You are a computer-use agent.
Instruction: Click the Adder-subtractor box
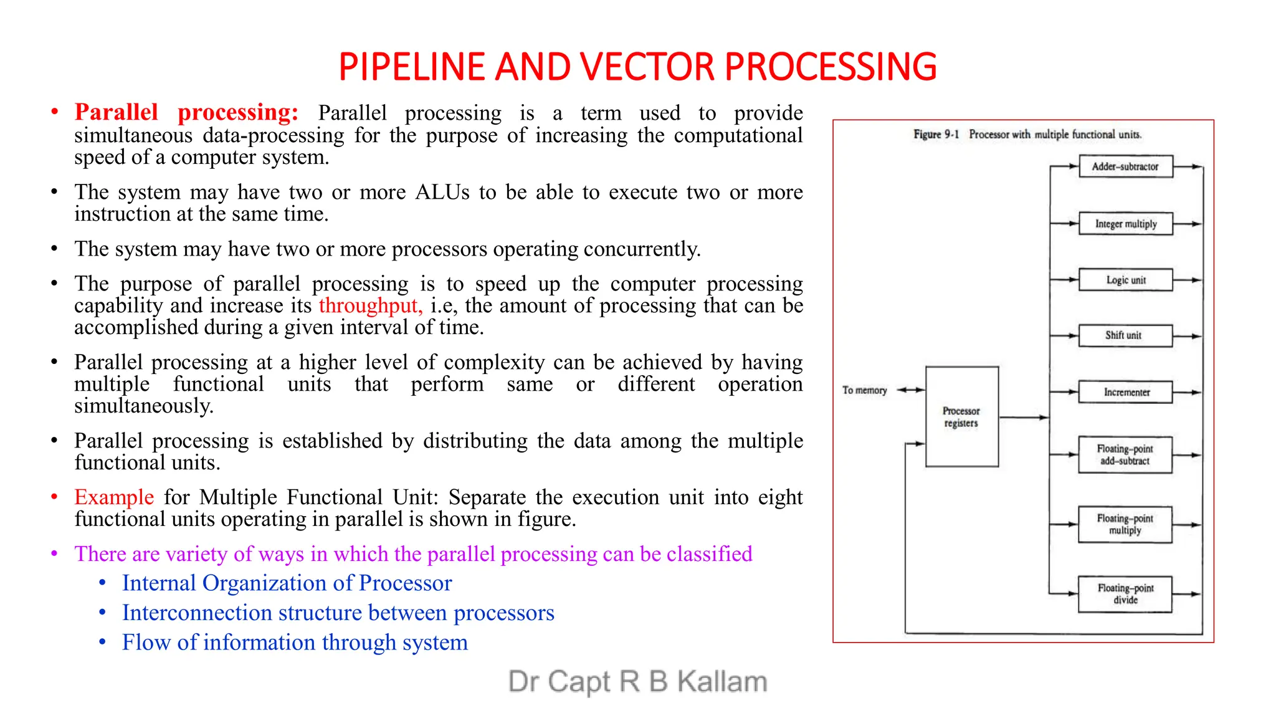[1125, 167]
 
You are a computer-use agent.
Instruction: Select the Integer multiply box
[1125, 224]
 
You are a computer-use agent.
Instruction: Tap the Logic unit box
[1125, 280]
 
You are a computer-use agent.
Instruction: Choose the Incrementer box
[1125, 392]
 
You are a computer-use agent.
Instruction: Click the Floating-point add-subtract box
[1125, 455]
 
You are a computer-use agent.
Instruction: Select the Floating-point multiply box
[1125, 524]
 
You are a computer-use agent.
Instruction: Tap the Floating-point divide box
[1125, 594]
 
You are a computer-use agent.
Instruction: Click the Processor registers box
[961, 416]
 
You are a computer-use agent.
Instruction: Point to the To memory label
[864, 390]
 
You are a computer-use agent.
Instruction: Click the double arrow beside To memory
[910, 390]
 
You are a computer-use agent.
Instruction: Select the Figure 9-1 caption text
[1027, 135]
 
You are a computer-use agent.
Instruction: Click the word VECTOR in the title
[647, 67]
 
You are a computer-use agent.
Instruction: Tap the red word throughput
[370, 306]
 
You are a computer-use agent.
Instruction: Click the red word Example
[114, 497]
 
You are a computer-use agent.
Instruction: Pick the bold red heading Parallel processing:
[186, 112]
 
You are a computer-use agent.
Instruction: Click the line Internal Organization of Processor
[287, 583]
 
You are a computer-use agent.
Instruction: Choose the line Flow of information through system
[295, 643]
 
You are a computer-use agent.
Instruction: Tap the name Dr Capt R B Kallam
[637, 681]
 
